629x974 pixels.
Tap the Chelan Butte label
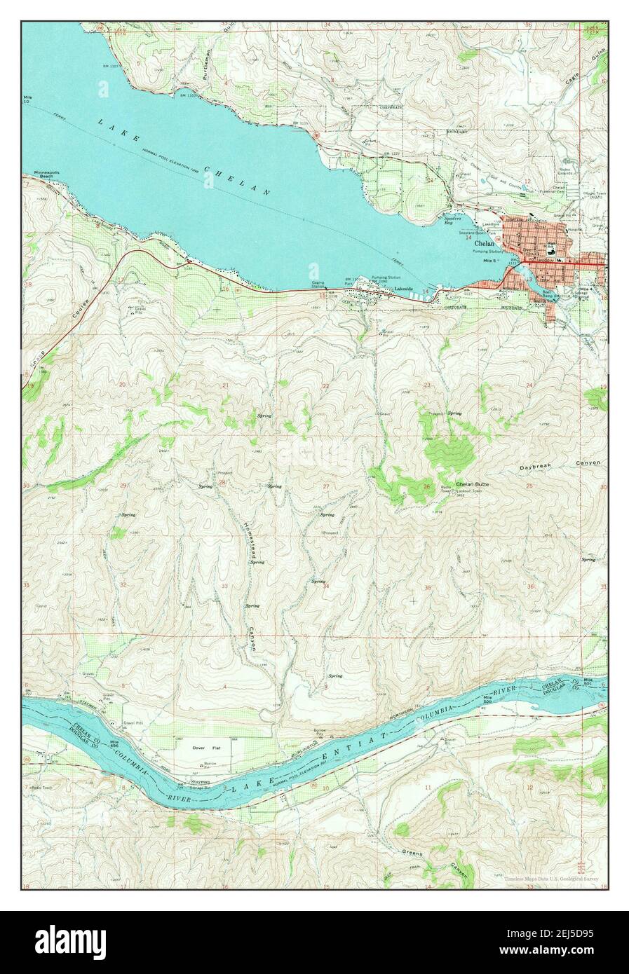pyautogui.click(x=472, y=484)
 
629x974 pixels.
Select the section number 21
pyautogui.click(x=225, y=385)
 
